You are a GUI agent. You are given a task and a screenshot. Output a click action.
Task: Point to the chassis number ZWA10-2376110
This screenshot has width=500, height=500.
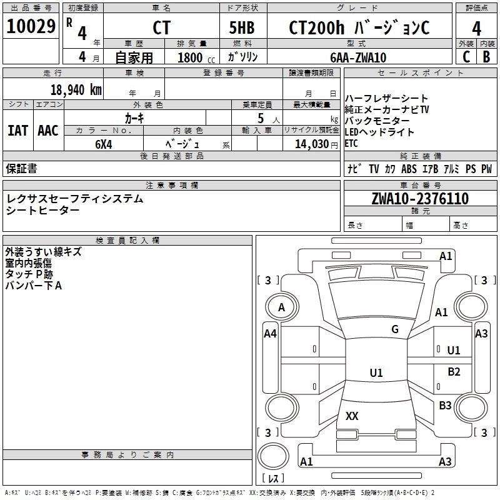(x=420, y=199)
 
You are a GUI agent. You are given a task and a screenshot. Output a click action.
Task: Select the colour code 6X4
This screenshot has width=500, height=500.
(x=104, y=143)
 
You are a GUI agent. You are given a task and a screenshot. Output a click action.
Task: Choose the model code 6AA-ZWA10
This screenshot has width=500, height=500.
(x=358, y=57)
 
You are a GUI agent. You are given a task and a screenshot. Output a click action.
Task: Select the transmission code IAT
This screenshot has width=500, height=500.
(x=17, y=131)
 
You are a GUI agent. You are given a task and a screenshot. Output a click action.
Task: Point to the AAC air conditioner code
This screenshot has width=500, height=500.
(x=48, y=131)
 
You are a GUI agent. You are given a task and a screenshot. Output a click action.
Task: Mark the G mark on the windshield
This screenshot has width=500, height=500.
(x=395, y=329)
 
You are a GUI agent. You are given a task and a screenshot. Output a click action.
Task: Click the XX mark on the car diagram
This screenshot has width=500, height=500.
(x=352, y=416)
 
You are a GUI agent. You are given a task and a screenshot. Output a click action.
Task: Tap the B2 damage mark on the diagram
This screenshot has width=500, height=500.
(x=454, y=372)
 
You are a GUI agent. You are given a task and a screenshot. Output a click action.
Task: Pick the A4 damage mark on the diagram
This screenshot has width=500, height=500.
(x=270, y=334)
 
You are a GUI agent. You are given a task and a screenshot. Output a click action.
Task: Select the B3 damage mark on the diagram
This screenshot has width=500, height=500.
(x=445, y=406)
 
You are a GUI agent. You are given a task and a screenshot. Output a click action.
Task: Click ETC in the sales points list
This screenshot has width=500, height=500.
(x=352, y=143)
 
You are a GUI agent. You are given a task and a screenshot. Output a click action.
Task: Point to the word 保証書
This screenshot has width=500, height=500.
(x=21, y=169)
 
